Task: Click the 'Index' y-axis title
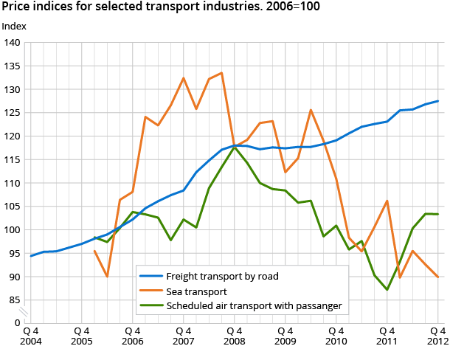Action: [x=15, y=26]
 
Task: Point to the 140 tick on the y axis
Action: [x=12, y=43]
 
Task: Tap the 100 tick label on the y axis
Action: [x=12, y=230]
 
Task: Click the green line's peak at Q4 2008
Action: [x=235, y=147]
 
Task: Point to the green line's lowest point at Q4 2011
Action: [x=387, y=290]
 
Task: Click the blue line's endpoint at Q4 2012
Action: [x=438, y=101]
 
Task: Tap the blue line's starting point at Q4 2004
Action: [x=30, y=256]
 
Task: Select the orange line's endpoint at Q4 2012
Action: [x=438, y=277]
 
